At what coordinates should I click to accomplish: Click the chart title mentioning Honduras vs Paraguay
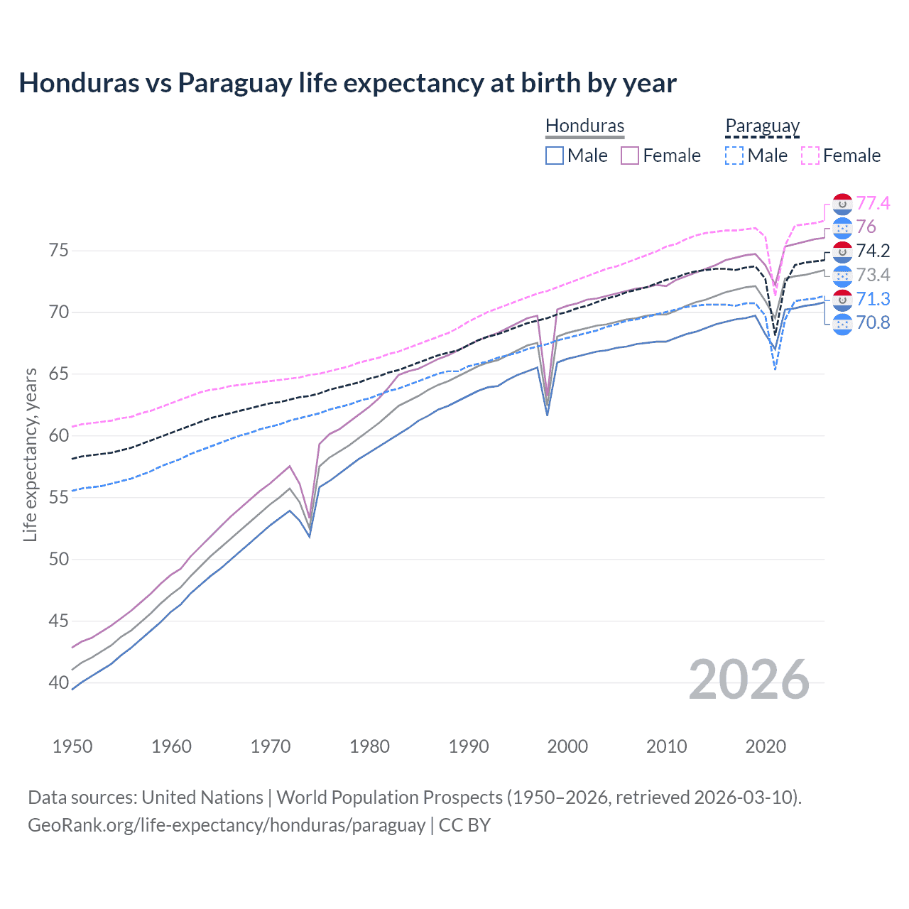pyautogui.click(x=347, y=83)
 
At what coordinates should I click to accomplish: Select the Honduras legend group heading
pyautogui.click(x=584, y=126)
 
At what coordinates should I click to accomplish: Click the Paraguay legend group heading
pyautogui.click(x=762, y=126)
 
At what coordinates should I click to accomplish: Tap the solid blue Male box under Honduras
pyautogui.click(x=555, y=156)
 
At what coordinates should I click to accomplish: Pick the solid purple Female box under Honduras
pyautogui.click(x=630, y=156)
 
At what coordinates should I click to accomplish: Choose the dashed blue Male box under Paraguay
pyautogui.click(x=734, y=156)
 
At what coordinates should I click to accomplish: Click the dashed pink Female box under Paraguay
pyautogui.click(x=810, y=156)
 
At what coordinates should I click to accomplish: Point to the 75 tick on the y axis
pyautogui.click(x=58, y=251)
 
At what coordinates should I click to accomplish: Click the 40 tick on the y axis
pyautogui.click(x=58, y=683)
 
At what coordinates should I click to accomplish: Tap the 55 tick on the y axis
pyautogui.click(x=58, y=498)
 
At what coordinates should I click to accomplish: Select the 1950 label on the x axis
pyautogui.click(x=72, y=746)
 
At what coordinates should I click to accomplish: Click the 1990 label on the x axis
pyautogui.click(x=469, y=746)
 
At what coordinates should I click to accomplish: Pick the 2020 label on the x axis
pyautogui.click(x=766, y=746)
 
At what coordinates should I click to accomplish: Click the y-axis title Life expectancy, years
pyautogui.click(x=30, y=454)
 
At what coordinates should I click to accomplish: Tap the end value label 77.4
pyautogui.click(x=873, y=204)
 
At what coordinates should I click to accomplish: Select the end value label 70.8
pyautogui.click(x=873, y=323)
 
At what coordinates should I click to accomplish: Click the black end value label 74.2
pyautogui.click(x=873, y=251)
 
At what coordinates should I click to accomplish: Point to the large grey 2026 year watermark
pyautogui.click(x=749, y=680)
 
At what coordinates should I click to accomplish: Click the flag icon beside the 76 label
pyautogui.click(x=842, y=227)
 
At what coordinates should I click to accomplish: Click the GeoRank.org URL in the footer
pyautogui.click(x=227, y=825)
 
